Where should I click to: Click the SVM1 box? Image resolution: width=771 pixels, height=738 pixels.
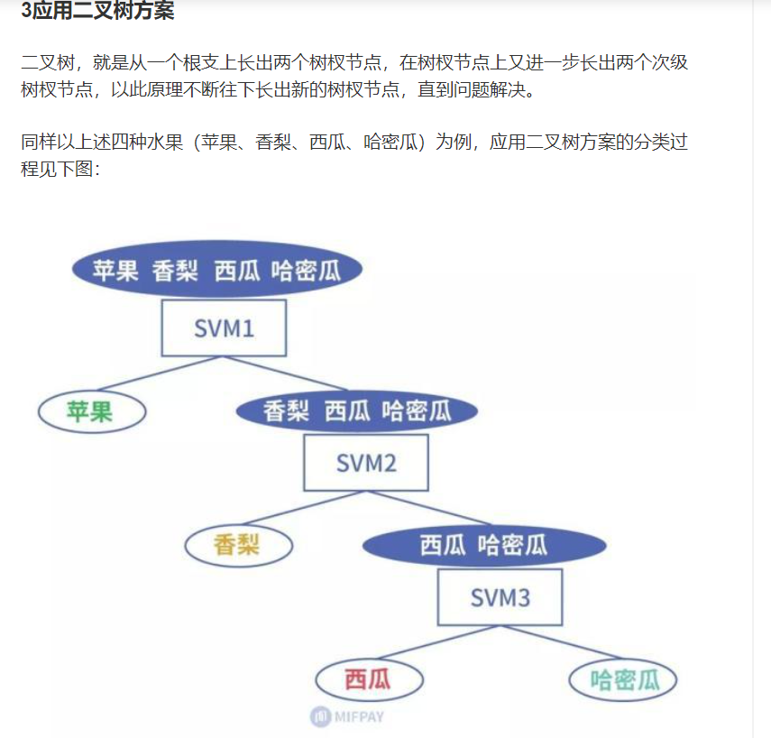(224, 327)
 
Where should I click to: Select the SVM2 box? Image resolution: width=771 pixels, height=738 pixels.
(366, 463)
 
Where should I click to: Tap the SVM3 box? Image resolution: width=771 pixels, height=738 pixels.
(500, 596)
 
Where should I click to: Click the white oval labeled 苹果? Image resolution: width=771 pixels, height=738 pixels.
(91, 412)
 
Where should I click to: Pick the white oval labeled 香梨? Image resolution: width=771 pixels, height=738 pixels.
(238, 545)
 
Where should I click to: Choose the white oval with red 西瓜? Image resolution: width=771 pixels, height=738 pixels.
(369, 679)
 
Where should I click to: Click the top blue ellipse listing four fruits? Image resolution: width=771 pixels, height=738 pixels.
(216, 270)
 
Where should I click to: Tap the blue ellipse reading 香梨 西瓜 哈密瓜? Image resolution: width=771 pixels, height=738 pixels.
(357, 412)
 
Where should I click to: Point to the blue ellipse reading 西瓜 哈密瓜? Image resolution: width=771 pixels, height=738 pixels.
(484, 545)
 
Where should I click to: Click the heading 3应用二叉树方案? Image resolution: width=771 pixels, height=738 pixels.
(97, 12)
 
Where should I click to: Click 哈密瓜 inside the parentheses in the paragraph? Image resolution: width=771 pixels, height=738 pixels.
(393, 143)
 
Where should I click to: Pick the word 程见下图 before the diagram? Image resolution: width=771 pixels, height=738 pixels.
(56, 169)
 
